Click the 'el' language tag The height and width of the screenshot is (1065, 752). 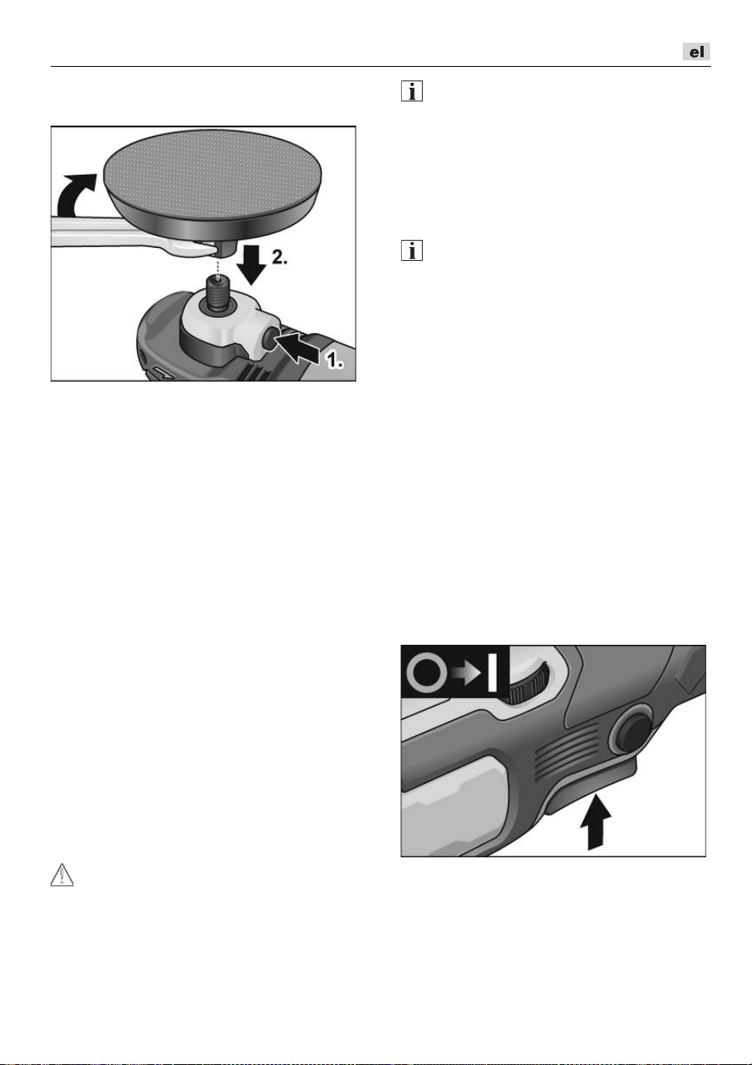[696, 52]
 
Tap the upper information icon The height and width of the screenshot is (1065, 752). [411, 91]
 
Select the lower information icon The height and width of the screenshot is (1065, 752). [411, 250]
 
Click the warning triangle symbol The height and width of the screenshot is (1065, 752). [62, 875]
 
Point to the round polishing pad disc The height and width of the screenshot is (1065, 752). [213, 183]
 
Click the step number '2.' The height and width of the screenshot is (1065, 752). [279, 258]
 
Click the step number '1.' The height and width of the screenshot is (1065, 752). [334, 361]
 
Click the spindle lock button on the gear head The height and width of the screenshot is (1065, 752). [268, 339]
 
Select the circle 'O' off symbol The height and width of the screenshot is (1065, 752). [428, 673]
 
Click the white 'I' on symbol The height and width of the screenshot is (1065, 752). [492, 672]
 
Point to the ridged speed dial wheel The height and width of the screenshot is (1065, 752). [527, 683]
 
